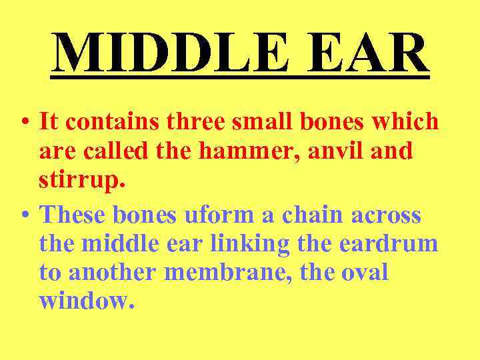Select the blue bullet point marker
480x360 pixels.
(x=24, y=216)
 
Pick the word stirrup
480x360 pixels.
(x=73, y=181)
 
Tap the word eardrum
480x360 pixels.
(x=389, y=244)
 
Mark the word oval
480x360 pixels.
(x=364, y=273)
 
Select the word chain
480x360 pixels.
(x=316, y=215)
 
